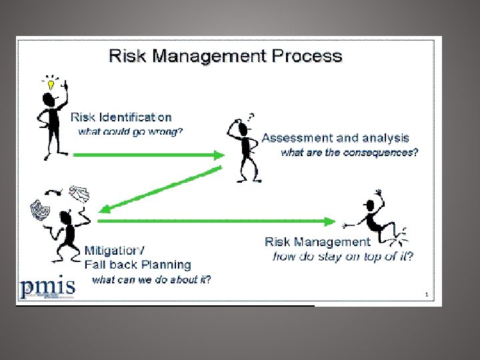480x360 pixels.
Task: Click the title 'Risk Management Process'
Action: (x=225, y=55)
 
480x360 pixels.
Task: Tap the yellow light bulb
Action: (x=51, y=85)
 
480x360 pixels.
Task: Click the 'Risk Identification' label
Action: (x=121, y=117)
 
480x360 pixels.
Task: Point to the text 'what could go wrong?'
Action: (x=130, y=131)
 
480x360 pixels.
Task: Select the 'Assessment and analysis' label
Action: (x=335, y=138)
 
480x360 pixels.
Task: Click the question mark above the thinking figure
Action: (x=251, y=116)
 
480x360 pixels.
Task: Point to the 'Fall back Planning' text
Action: (x=138, y=265)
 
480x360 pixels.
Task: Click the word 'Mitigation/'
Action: (x=114, y=251)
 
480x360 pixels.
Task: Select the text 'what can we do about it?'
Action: (x=151, y=279)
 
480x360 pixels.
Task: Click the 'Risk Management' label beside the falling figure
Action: (x=317, y=242)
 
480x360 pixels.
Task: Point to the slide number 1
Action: (x=425, y=294)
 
